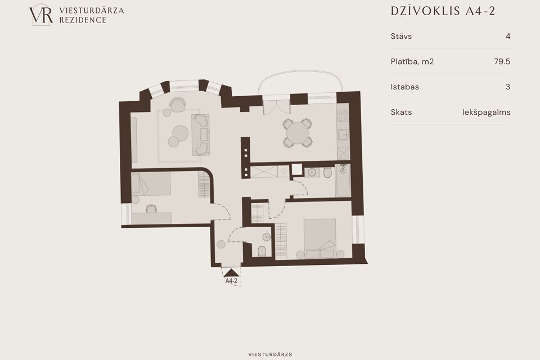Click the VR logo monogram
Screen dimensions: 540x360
[x=41, y=15]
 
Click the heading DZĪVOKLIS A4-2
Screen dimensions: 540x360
[x=443, y=11]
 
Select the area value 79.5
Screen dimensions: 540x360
[x=502, y=62]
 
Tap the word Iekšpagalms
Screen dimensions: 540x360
[x=486, y=112]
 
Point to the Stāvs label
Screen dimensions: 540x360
[x=401, y=36]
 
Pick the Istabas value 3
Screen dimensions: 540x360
[x=507, y=87]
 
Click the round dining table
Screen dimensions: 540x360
[x=298, y=133]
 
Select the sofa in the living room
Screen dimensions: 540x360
[x=200, y=134]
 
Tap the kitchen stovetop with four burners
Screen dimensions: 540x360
[x=343, y=117]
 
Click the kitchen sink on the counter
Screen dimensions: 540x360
[x=343, y=134]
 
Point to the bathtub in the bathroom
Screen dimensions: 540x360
[x=343, y=181]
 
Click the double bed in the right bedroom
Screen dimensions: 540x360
[x=319, y=238]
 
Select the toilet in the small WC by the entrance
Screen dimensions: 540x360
[x=262, y=251]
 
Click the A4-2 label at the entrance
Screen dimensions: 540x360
[x=231, y=281]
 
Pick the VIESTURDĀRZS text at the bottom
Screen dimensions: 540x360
[x=270, y=354]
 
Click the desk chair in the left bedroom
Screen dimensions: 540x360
[x=151, y=209]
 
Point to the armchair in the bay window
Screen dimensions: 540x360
[x=178, y=105]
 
